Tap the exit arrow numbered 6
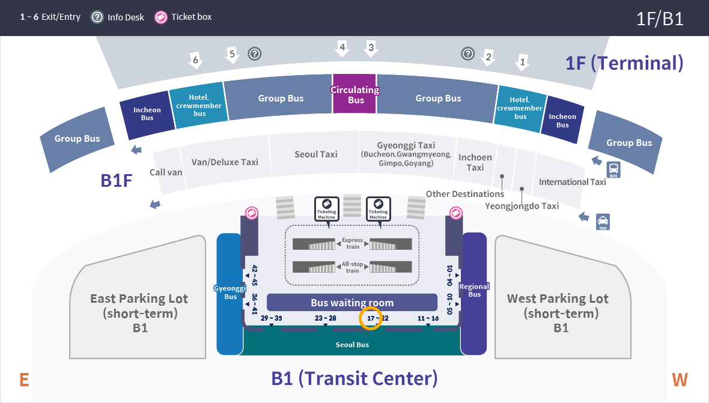pos(195,60)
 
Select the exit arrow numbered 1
pos(522,62)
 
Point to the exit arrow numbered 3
pos(371,48)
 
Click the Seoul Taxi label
pos(316,154)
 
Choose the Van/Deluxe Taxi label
pos(225,162)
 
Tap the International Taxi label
pos(572,181)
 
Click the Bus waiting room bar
pos(352,302)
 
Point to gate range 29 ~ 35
pos(272,318)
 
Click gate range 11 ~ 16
pos(428,318)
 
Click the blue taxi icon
pos(603,222)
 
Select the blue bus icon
pos(613,170)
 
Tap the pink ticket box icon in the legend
pos(161,17)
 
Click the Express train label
pos(352,243)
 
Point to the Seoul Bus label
pos(352,344)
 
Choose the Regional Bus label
pos(474,290)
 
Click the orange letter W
pos(680,380)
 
